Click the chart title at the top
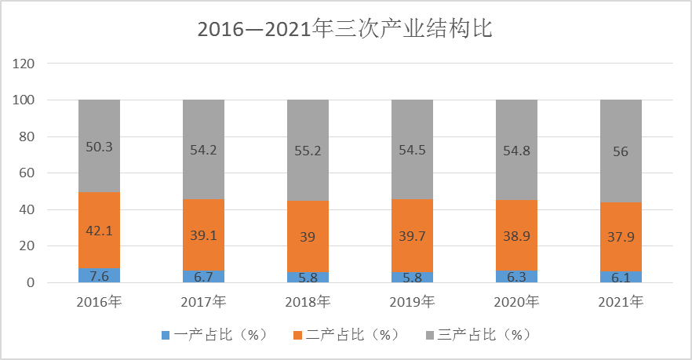click(x=344, y=29)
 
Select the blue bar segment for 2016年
click(x=100, y=275)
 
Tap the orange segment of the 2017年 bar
click(x=203, y=235)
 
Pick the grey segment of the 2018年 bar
click(x=308, y=151)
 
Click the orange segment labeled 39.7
click(x=412, y=235)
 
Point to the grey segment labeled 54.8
click(x=517, y=150)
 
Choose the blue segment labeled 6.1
click(x=621, y=277)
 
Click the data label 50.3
click(x=100, y=147)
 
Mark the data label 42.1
click(x=100, y=231)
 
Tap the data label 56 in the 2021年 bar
click(x=621, y=152)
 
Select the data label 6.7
click(x=203, y=277)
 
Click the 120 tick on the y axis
click(x=24, y=64)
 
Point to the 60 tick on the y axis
click(x=27, y=173)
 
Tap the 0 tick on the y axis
click(x=31, y=282)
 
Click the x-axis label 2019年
click(x=412, y=302)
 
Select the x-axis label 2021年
click(x=621, y=302)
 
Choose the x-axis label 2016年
click(x=100, y=302)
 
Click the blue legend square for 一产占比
click(x=166, y=336)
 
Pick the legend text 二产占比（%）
click(x=351, y=335)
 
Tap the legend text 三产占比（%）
click(x=483, y=335)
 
